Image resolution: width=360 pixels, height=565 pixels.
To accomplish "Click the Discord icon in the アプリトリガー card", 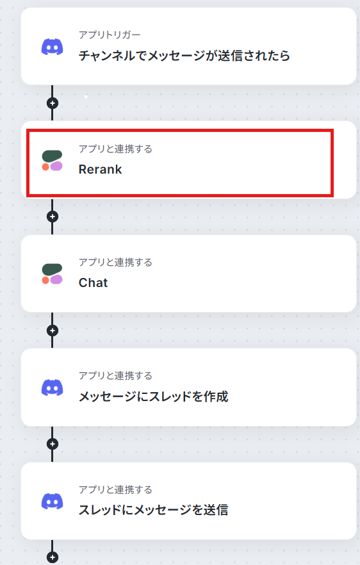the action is [53, 47].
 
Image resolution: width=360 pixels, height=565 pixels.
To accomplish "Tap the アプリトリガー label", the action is [110, 35].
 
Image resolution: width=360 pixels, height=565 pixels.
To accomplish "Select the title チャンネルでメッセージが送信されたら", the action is [184, 56].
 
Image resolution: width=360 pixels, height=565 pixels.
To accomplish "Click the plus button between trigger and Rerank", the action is [53, 103].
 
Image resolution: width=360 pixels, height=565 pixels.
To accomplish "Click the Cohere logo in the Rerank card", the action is [53, 160].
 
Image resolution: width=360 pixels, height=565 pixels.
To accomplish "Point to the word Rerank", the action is [100, 169].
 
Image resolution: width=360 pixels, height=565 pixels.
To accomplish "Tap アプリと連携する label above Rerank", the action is [116, 149].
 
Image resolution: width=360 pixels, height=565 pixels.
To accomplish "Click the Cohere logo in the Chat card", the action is [53, 274].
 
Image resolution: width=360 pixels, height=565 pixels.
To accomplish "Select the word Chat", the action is [93, 283].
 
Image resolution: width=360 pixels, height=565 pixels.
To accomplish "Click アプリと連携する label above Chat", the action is [116, 263].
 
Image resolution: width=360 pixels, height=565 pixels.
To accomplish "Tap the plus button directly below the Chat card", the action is [53, 331].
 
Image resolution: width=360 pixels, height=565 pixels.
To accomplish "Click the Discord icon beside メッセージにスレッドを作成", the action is [53, 388].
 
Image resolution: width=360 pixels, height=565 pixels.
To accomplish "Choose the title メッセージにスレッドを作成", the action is [154, 397].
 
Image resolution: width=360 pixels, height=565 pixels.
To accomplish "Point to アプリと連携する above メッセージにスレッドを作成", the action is [116, 376].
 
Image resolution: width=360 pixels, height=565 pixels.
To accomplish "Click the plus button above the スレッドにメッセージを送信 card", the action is [53, 444].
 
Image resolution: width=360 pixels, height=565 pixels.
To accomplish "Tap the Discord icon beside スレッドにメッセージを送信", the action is [53, 502].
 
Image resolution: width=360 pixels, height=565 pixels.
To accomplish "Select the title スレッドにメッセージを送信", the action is [154, 510].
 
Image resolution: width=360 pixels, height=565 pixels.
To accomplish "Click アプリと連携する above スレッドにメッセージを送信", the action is [116, 489].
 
